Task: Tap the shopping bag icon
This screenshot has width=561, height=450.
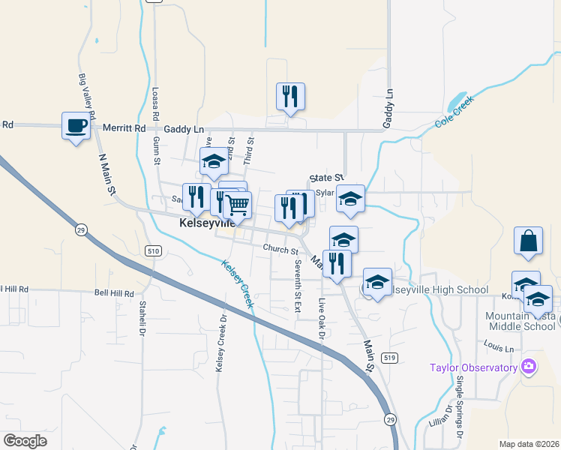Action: pos(528,241)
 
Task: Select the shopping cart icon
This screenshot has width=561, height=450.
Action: pos(238,204)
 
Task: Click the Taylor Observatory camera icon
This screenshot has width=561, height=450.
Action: pos(529,367)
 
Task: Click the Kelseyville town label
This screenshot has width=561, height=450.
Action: pos(207,223)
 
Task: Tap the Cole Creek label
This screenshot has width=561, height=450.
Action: pos(454,118)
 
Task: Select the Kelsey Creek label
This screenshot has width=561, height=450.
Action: pos(237,283)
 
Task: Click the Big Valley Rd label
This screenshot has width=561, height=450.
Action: pos(87,96)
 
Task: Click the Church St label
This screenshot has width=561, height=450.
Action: pos(280,249)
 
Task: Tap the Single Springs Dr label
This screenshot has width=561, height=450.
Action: pos(460,406)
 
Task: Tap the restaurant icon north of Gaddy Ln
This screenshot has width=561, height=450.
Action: pos(290,96)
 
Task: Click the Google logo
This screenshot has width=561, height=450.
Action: pos(25,441)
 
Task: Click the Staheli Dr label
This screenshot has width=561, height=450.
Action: pos(142,319)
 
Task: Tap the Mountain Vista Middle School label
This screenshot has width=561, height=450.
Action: pos(520,321)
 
